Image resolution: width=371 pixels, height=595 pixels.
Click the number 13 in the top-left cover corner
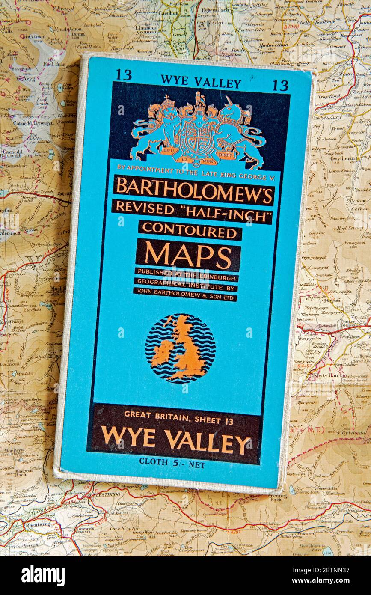(123, 74)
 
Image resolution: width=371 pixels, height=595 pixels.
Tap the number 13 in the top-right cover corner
(280, 85)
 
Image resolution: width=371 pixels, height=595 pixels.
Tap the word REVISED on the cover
(145, 208)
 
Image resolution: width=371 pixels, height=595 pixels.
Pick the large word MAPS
(188, 255)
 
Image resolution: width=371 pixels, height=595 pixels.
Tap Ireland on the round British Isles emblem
(161, 352)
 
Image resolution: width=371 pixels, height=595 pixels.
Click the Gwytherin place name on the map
(342, 158)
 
